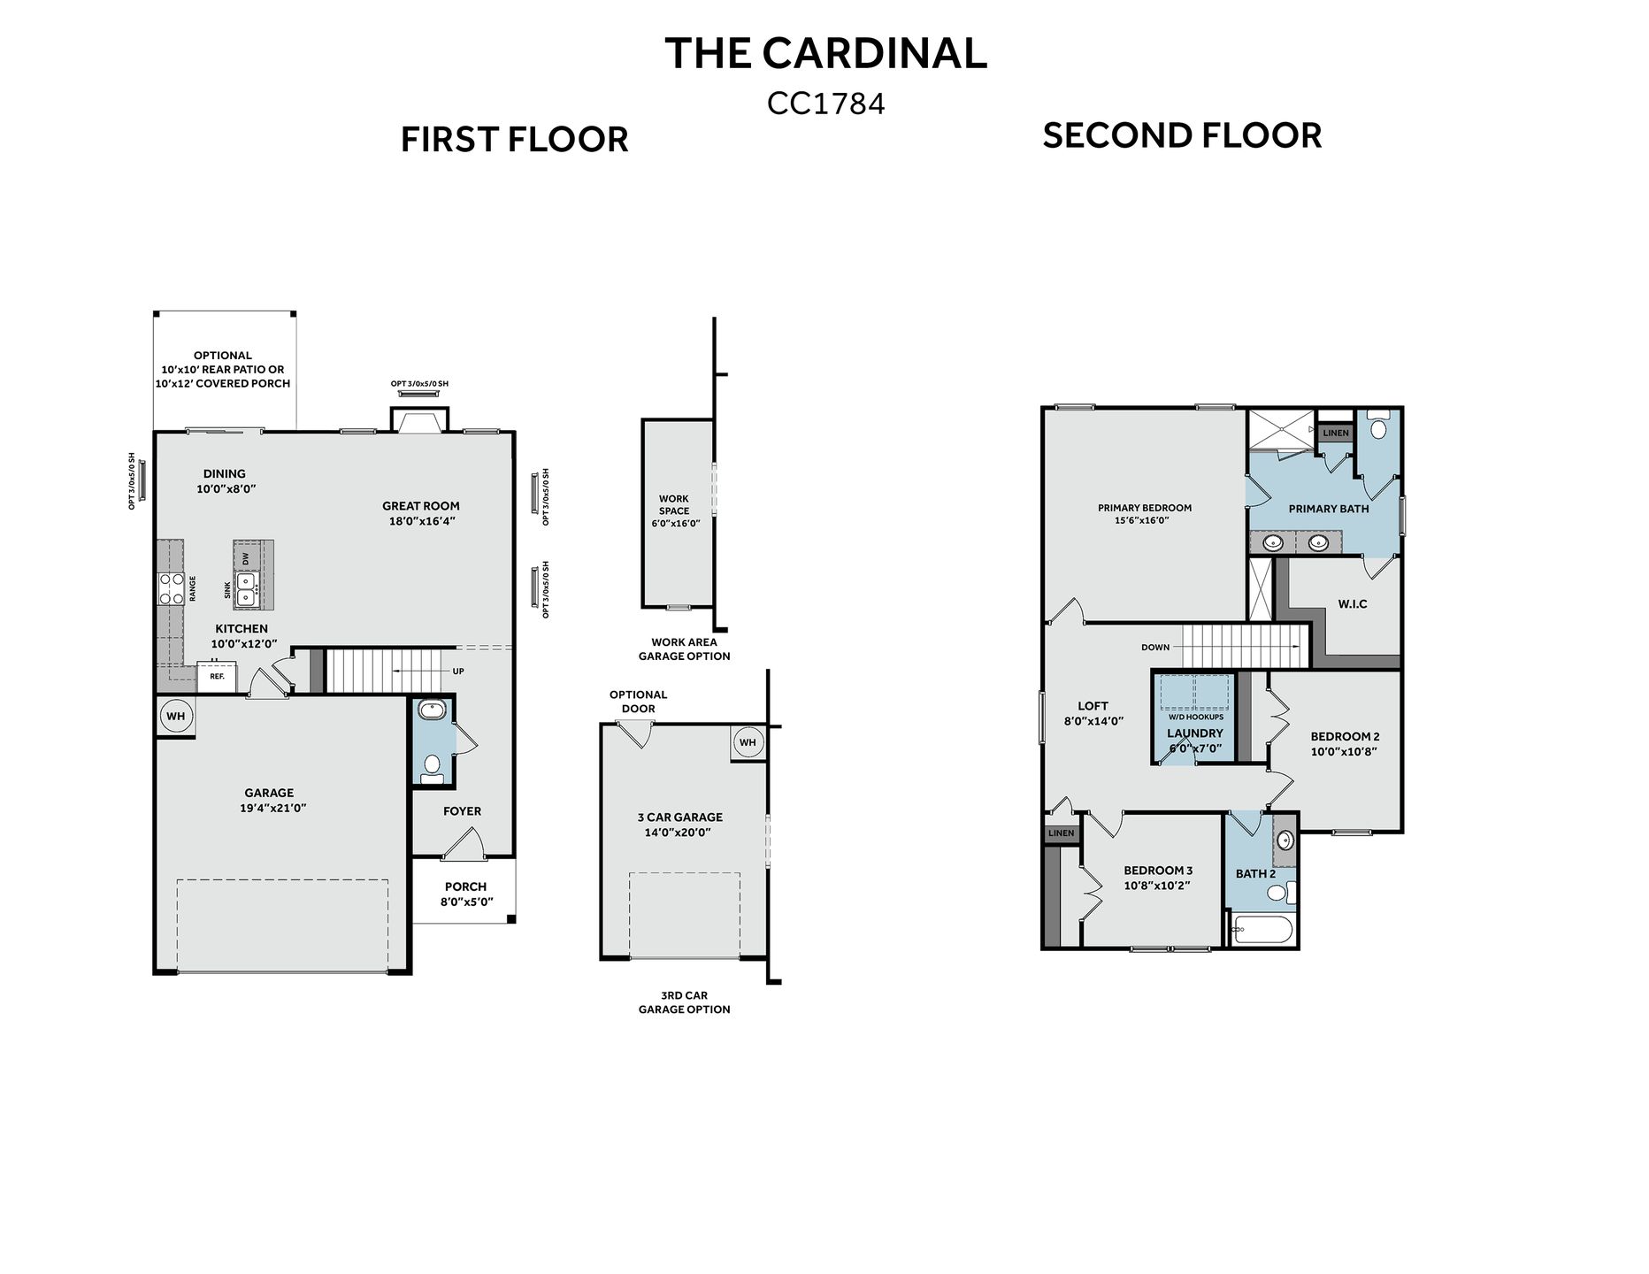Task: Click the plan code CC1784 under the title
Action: [825, 104]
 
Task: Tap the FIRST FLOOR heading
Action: [514, 140]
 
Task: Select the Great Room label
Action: [421, 506]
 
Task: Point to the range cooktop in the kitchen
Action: [170, 588]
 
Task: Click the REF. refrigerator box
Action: [217, 676]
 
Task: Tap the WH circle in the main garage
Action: [176, 716]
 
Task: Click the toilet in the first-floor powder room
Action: [433, 766]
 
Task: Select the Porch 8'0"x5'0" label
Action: [465, 894]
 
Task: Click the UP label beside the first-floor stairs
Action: [458, 671]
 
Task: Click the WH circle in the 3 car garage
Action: [748, 742]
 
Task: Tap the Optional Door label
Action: [638, 702]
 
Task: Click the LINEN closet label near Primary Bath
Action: [1336, 433]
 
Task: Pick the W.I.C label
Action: [1352, 603]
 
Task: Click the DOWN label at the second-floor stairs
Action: [1155, 647]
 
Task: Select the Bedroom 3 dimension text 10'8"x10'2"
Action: [1157, 885]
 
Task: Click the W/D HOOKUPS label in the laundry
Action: [1195, 717]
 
